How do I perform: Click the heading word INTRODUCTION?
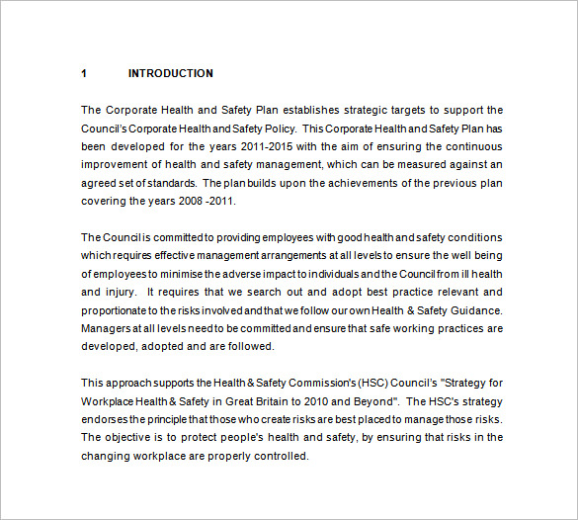pos(170,73)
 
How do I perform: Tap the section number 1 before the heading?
pos(84,73)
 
